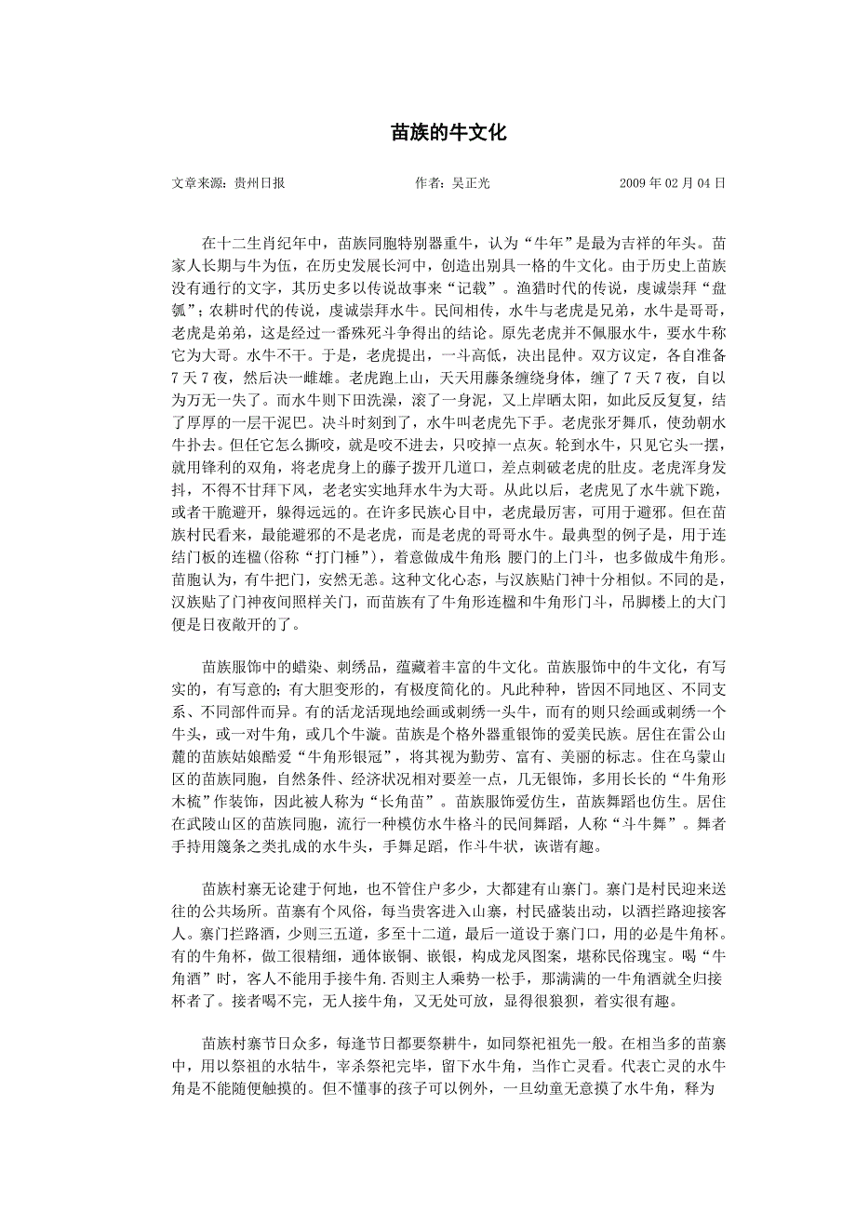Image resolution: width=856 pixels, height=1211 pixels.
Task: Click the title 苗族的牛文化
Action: [x=448, y=133]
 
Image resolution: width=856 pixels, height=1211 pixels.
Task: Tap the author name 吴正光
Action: [x=470, y=183]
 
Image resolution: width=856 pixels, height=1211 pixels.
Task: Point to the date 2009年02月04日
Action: [x=673, y=183]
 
